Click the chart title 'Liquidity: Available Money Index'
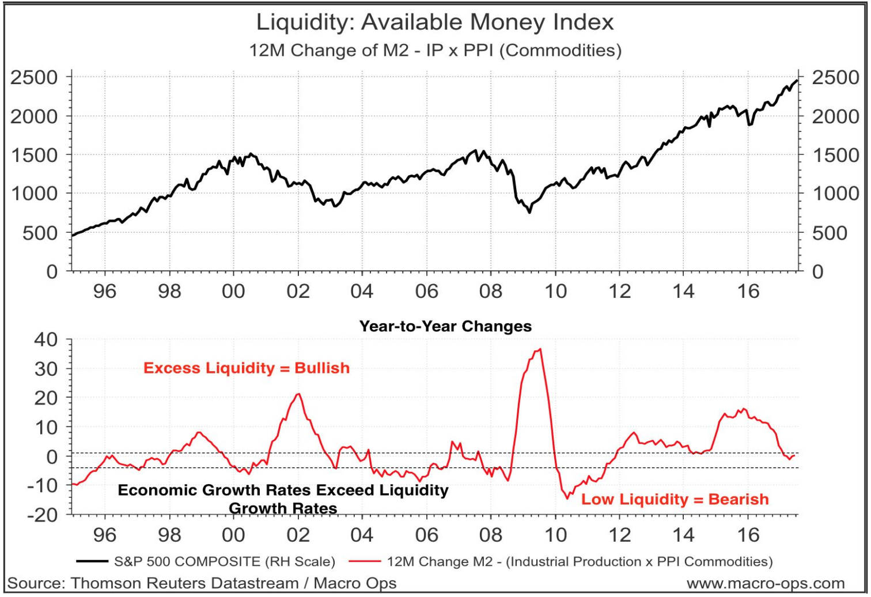coord(435,22)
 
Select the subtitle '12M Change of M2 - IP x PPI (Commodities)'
coord(435,50)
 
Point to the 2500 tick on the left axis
coord(33,77)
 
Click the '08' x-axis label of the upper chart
coord(491,291)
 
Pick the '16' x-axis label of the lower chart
coord(748,535)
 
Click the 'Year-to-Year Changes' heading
coord(445,326)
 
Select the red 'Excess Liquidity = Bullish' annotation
coord(247,368)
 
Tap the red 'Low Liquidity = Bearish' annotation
coord(675,499)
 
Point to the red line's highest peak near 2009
coord(539,349)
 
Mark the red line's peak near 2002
coord(298,394)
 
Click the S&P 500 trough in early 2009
coord(529,212)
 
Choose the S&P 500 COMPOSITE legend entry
coord(224,561)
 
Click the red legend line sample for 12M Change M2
coord(369,561)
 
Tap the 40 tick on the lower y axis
coord(46,339)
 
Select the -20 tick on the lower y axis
coord(43,514)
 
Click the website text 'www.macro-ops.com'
coord(766,584)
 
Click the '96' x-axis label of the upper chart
coord(105,291)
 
